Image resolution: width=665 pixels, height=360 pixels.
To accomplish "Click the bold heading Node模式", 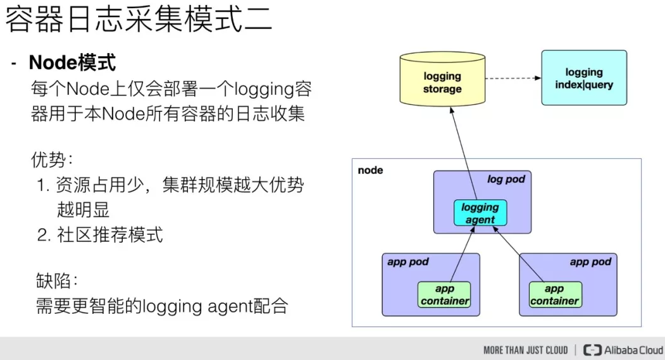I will [x=72, y=63].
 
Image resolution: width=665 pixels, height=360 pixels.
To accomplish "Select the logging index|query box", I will [x=583, y=78].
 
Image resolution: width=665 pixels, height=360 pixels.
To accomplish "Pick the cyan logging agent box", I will [x=480, y=213].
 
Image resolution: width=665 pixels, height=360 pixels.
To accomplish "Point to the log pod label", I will [x=506, y=180].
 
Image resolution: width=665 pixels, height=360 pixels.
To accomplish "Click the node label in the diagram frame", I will [x=371, y=171].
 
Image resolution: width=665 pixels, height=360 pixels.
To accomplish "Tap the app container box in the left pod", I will [x=445, y=295].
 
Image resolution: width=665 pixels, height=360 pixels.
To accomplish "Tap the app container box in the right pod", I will [x=554, y=295].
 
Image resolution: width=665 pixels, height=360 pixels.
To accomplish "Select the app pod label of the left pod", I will [x=408, y=262].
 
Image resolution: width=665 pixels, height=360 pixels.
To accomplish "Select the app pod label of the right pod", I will [x=590, y=262].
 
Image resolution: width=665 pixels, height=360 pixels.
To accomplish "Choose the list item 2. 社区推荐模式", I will [x=100, y=235].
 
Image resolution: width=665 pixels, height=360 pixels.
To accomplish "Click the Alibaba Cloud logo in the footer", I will [x=623, y=350].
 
